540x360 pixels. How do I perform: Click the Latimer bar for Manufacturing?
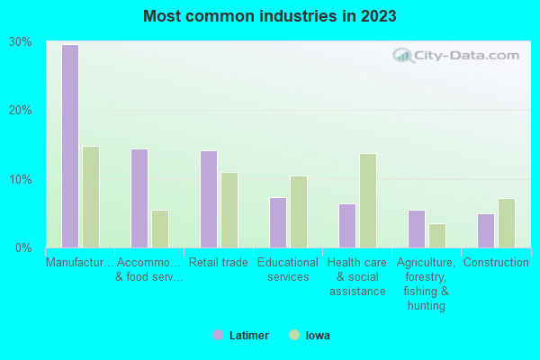point(70,146)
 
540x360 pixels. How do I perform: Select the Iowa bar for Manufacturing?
point(91,197)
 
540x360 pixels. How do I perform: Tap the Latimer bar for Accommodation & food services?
point(139,198)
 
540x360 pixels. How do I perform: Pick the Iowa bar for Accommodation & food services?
point(160,229)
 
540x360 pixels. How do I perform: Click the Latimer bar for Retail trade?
point(209,199)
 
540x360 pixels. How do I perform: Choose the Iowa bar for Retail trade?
point(229,210)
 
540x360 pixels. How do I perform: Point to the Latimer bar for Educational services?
point(278,222)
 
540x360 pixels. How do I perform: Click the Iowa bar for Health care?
point(368,201)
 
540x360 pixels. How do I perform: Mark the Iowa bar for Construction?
point(507,223)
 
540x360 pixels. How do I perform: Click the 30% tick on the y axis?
point(21,41)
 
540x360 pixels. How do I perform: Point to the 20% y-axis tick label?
point(21,110)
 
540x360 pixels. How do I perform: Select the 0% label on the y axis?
point(23,247)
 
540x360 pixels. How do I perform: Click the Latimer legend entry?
point(240,335)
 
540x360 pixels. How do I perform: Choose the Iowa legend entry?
point(309,335)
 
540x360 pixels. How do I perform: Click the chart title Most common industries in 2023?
point(270,16)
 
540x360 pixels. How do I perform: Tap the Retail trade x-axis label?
point(219,263)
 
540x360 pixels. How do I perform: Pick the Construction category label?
point(496,263)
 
